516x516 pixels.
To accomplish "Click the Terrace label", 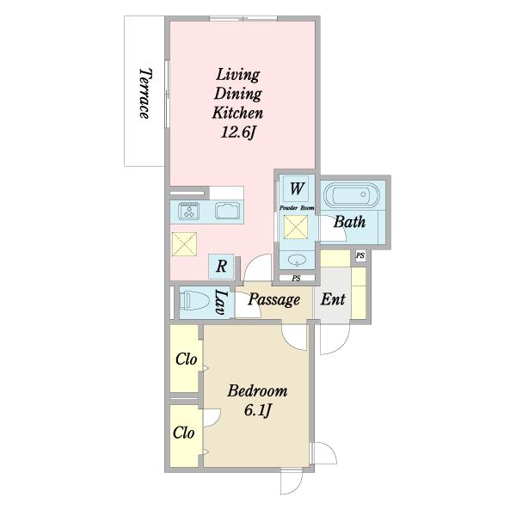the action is click(145, 93).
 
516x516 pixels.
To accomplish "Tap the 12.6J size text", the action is click(237, 132).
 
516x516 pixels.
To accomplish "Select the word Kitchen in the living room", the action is click(237, 113).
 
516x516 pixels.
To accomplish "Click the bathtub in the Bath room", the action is click(352, 195).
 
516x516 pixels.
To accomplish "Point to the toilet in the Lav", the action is click(196, 300).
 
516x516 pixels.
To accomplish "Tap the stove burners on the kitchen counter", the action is click(189, 211).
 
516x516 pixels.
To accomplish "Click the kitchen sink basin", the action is click(228, 212).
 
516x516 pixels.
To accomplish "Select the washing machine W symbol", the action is click(296, 188).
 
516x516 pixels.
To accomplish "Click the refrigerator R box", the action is click(222, 267).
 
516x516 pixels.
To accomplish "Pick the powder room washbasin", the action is click(297, 261).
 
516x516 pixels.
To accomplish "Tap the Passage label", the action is click(273, 300).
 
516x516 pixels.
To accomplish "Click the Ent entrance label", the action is click(333, 299).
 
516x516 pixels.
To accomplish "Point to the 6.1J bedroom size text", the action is click(258, 410).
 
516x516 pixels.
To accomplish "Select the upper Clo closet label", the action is click(187, 359).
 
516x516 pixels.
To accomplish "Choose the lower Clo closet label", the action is click(184, 433).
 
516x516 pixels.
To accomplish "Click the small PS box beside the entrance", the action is click(360, 255).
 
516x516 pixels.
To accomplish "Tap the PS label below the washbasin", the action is click(296, 279).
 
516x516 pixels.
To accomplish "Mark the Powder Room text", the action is click(297, 208).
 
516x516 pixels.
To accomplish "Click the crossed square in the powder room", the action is click(296, 227).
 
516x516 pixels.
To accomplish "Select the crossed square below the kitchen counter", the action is click(184, 244).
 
